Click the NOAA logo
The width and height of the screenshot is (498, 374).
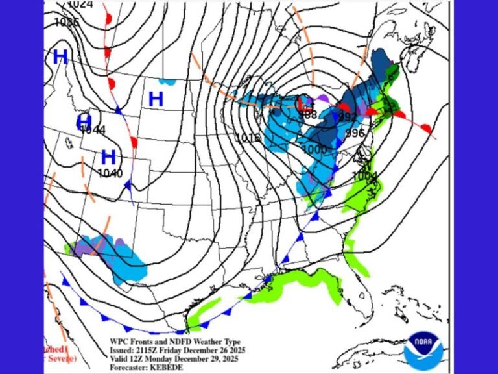pos(421,349)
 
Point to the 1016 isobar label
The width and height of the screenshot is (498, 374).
pos(247,138)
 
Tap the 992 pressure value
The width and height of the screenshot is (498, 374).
pos(348,117)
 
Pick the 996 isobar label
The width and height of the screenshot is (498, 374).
pos(355,132)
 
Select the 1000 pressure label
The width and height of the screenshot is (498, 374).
pos(314,149)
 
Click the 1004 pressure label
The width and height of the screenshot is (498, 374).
pos(364,176)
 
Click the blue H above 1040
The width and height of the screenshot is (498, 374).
pos(108,156)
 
